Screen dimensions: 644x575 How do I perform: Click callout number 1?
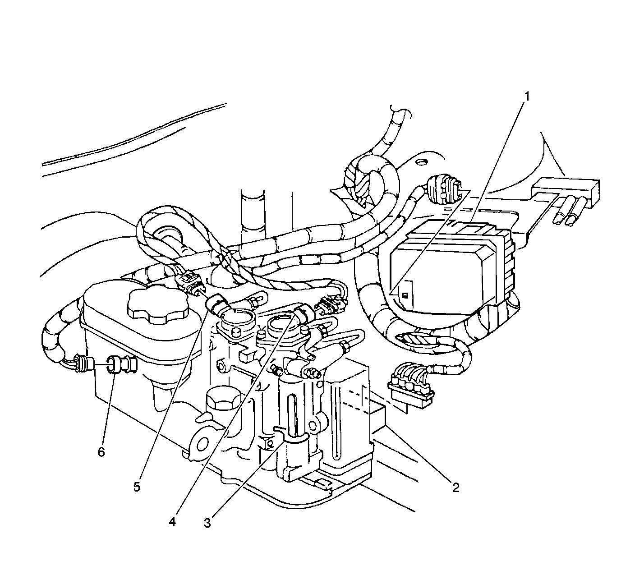pyautogui.click(x=527, y=97)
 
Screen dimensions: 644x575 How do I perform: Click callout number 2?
pyautogui.click(x=455, y=487)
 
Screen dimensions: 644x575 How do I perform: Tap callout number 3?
pyautogui.click(x=207, y=523)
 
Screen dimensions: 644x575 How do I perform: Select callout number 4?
pyautogui.click(x=172, y=522)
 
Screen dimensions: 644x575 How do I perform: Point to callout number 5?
pyautogui.click(x=137, y=487)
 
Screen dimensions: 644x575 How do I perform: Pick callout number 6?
pyautogui.click(x=101, y=452)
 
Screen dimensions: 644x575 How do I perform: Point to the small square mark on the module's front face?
pyautogui.click(x=405, y=294)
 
